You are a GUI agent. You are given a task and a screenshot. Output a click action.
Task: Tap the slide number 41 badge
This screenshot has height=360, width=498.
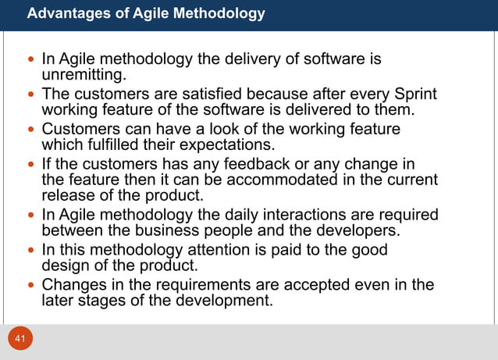(21, 339)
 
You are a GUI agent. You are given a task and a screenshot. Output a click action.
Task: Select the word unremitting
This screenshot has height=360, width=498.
(84, 75)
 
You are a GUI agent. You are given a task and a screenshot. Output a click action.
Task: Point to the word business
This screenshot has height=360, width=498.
(140, 230)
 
